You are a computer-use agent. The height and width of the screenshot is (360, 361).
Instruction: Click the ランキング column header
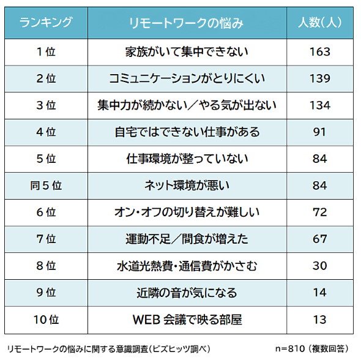(x=46, y=23)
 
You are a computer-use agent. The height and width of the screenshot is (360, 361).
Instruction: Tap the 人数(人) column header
(x=319, y=23)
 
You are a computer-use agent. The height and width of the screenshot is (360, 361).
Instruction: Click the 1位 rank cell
(x=46, y=51)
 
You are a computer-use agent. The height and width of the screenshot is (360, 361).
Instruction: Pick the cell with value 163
(x=319, y=51)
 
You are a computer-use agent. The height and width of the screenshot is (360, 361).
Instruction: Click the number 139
(x=319, y=78)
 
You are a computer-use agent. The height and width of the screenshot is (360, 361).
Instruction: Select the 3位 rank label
(x=46, y=105)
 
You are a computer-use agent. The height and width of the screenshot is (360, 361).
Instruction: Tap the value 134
(x=319, y=105)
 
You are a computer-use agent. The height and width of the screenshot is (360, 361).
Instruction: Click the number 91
(x=319, y=132)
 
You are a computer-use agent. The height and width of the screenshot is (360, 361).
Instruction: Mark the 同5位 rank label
(x=46, y=186)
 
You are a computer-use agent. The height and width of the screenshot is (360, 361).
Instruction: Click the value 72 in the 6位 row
(x=319, y=212)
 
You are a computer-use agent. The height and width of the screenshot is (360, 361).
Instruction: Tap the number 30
(x=319, y=266)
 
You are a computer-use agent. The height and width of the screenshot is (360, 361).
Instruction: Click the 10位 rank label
(x=46, y=319)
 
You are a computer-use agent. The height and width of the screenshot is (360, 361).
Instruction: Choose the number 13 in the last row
(x=319, y=319)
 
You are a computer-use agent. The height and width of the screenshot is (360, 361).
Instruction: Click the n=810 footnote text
(x=311, y=347)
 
